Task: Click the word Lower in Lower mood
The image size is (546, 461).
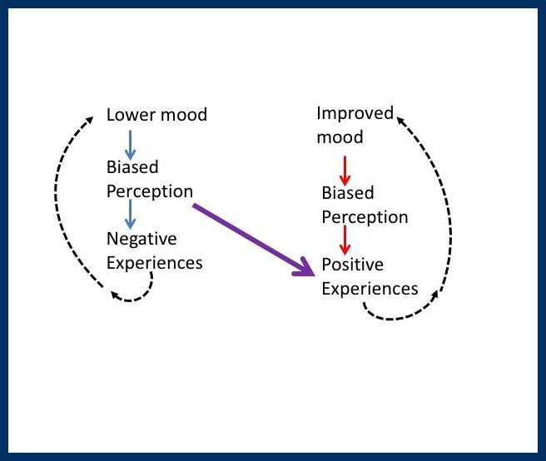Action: (x=131, y=115)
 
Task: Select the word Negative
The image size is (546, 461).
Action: (x=141, y=240)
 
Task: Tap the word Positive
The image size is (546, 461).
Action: (x=352, y=265)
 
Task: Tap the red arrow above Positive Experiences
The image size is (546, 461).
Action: (x=345, y=240)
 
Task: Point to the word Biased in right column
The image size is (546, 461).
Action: (x=348, y=193)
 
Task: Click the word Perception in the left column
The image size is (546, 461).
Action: (x=150, y=191)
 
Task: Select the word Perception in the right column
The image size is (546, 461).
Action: (x=365, y=217)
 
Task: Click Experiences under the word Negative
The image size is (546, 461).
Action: (x=155, y=263)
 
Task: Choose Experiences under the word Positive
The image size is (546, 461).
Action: (x=370, y=289)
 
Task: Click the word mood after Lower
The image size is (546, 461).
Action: (x=182, y=115)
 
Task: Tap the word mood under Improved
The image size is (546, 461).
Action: (x=340, y=137)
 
